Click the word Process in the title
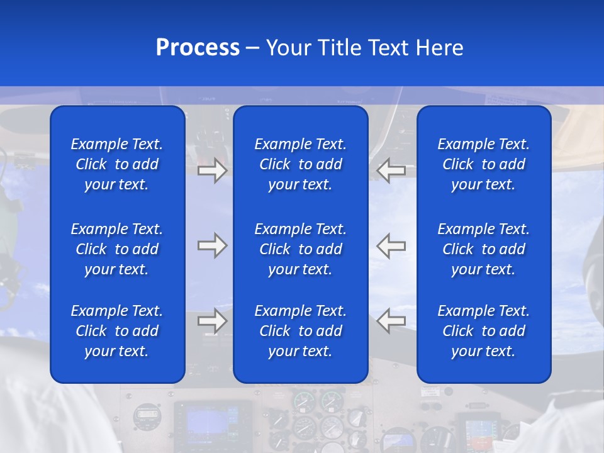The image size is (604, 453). click(x=198, y=48)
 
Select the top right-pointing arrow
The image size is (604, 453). click(x=212, y=171)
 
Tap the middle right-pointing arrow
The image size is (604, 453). click(x=212, y=245)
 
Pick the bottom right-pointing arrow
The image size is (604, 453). click(x=212, y=321)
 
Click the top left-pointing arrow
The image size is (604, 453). click(x=391, y=171)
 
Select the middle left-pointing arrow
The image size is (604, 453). click(x=391, y=245)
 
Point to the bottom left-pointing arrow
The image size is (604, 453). click(x=391, y=321)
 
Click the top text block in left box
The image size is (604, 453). click(x=117, y=164)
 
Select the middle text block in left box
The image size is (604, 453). click(x=117, y=249)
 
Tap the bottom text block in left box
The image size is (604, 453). click(x=117, y=331)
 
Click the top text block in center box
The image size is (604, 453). click(x=301, y=164)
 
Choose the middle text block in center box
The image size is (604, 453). click(x=301, y=249)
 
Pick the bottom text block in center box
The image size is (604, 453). click(x=301, y=331)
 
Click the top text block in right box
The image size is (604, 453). click(x=484, y=164)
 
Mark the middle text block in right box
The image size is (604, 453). click(x=484, y=249)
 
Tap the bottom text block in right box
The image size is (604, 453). click(x=484, y=331)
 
